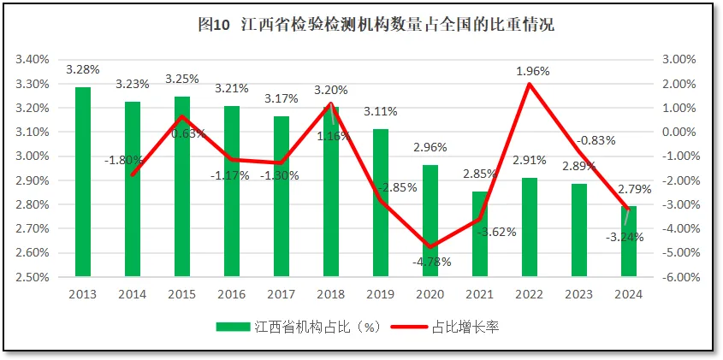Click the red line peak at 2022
point(530,84)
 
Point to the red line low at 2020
point(430,247)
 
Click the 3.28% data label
point(82,69)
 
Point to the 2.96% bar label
point(431,147)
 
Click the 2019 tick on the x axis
point(381,294)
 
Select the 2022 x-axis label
point(530,294)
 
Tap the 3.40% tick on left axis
point(32,60)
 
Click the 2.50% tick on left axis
point(32,277)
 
